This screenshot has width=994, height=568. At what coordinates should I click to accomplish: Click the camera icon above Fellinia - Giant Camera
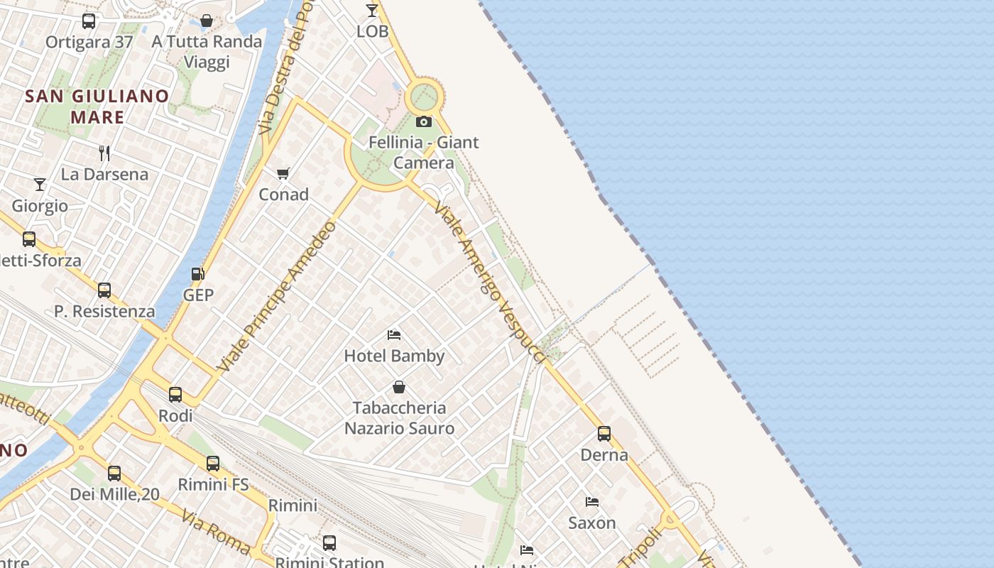(x=424, y=122)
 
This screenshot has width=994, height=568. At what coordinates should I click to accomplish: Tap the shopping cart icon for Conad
(x=283, y=173)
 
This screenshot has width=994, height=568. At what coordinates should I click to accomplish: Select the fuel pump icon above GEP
(x=198, y=274)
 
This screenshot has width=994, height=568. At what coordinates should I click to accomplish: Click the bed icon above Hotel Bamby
(x=394, y=334)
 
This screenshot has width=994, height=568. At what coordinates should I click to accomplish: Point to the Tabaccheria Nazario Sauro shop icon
(x=399, y=387)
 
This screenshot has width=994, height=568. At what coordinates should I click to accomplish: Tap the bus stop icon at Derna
(x=604, y=433)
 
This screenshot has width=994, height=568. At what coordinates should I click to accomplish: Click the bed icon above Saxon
(x=592, y=502)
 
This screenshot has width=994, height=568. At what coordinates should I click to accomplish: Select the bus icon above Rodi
(x=175, y=394)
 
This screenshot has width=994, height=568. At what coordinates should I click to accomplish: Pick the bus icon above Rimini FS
(x=213, y=464)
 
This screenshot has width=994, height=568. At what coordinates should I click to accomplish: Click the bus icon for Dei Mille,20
(x=114, y=473)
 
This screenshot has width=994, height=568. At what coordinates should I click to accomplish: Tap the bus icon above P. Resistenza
(x=104, y=290)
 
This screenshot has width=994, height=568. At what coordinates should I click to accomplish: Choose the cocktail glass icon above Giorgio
(x=40, y=185)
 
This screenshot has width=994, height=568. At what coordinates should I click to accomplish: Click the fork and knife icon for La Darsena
(x=104, y=153)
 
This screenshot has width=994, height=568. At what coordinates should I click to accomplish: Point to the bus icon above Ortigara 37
(x=89, y=21)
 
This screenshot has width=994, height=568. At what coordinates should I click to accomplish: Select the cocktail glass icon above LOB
(x=372, y=10)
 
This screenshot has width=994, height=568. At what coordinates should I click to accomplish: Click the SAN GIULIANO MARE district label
(x=97, y=106)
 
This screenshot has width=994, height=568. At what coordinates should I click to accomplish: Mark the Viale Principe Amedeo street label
(x=278, y=297)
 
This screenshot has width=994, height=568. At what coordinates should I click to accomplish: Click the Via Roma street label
(x=216, y=531)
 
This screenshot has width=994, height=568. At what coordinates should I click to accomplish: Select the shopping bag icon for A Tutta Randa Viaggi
(x=207, y=21)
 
